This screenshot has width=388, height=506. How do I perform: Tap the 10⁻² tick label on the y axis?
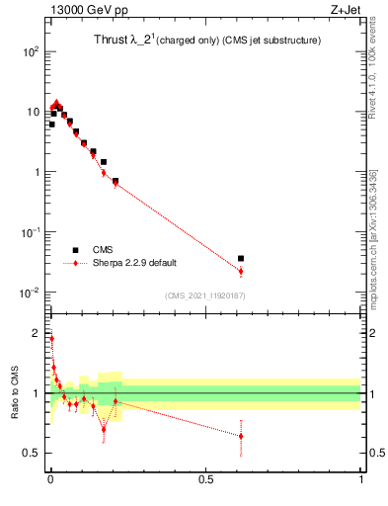pyautogui.click(x=30, y=293)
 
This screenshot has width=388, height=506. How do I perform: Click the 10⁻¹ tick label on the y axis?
pyautogui.click(x=30, y=232)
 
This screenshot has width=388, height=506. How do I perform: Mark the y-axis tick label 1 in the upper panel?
pyautogui.click(x=37, y=172)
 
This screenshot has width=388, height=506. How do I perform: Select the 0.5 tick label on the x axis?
pyautogui.click(x=205, y=480)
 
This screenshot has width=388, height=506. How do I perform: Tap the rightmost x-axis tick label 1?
pyautogui.click(x=360, y=480)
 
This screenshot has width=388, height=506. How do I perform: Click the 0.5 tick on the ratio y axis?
pyautogui.click(x=32, y=454)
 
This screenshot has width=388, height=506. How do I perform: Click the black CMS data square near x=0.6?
pyautogui.click(x=241, y=258)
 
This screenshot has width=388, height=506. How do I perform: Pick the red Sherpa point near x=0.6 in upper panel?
pyautogui.click(x=241, y=271)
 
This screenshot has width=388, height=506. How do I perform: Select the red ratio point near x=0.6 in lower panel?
pyautogui.click(x=241, y=436)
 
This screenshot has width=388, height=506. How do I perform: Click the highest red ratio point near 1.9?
pyautogui.click(x=51, y=338)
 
